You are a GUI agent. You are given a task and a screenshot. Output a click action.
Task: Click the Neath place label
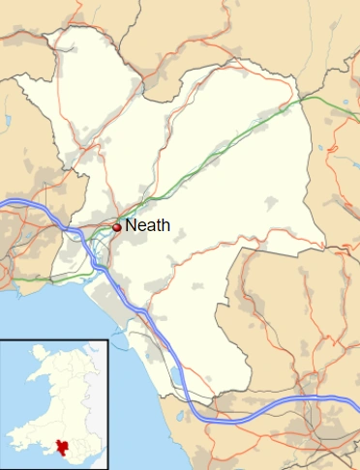point(147,225)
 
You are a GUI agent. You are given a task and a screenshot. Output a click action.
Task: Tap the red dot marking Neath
point(117,227)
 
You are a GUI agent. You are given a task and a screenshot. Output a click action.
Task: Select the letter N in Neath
point(131,225)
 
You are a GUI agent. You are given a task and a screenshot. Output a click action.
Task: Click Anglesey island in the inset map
point(38,352)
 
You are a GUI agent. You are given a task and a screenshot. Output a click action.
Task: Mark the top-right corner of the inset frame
point(107,340)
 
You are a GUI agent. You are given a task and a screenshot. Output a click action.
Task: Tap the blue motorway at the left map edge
point(4,202)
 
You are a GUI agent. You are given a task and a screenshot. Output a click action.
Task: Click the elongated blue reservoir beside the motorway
point(174,373)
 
